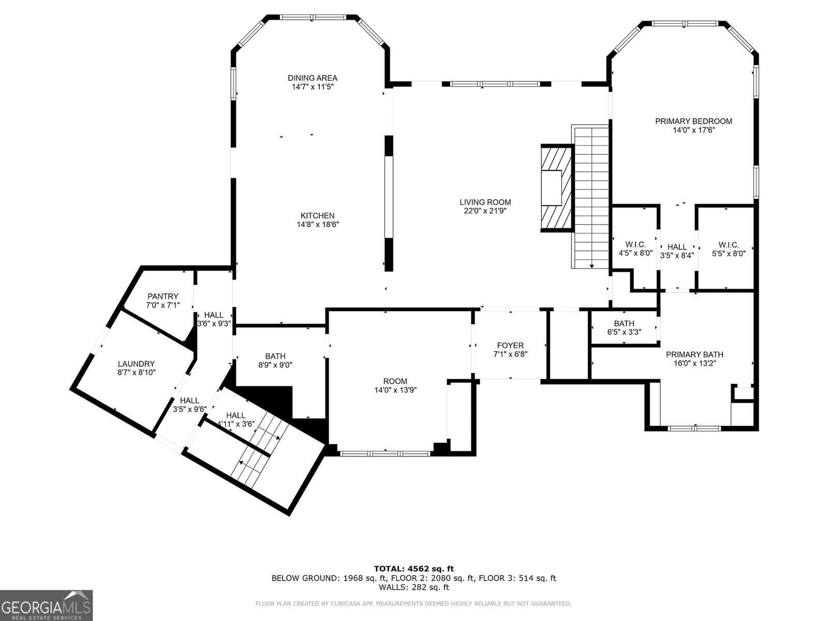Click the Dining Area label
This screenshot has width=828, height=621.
313,78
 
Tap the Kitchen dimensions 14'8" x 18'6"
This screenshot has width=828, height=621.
318,225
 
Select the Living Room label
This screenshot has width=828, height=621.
485,202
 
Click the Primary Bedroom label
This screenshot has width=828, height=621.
693,121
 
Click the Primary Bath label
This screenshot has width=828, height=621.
694,354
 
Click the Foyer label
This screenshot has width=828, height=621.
510,345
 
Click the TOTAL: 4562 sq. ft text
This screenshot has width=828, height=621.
413,569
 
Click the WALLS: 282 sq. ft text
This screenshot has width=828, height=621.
413,587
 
